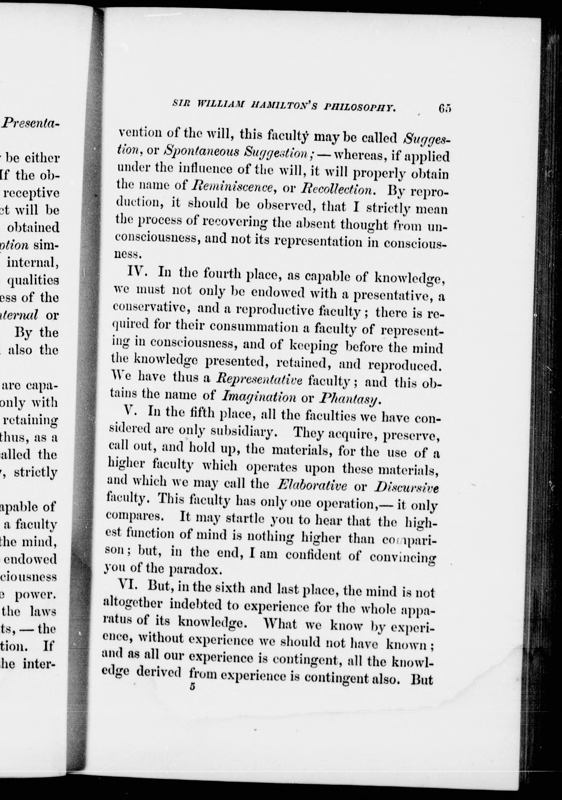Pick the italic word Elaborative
pyautogui.click(x=312, y=486)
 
